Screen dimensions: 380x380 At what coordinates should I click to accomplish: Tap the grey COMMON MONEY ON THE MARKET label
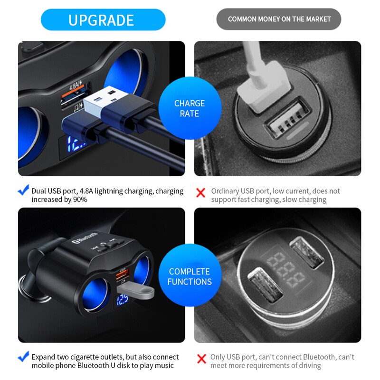click(279, 19)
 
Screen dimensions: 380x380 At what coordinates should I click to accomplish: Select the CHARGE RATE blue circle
click(190, 108)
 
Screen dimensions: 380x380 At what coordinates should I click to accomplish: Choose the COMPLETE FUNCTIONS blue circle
click(190, 276)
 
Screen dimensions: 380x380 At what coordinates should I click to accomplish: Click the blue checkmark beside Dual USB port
click(23, 191)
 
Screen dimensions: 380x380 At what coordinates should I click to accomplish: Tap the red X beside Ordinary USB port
click(201, 192)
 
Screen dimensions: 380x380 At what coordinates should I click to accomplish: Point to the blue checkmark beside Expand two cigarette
click(23, 357)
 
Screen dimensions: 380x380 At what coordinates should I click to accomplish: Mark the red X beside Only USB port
click(201, 359)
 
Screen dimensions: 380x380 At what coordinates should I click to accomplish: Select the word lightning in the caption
click(107, 191)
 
